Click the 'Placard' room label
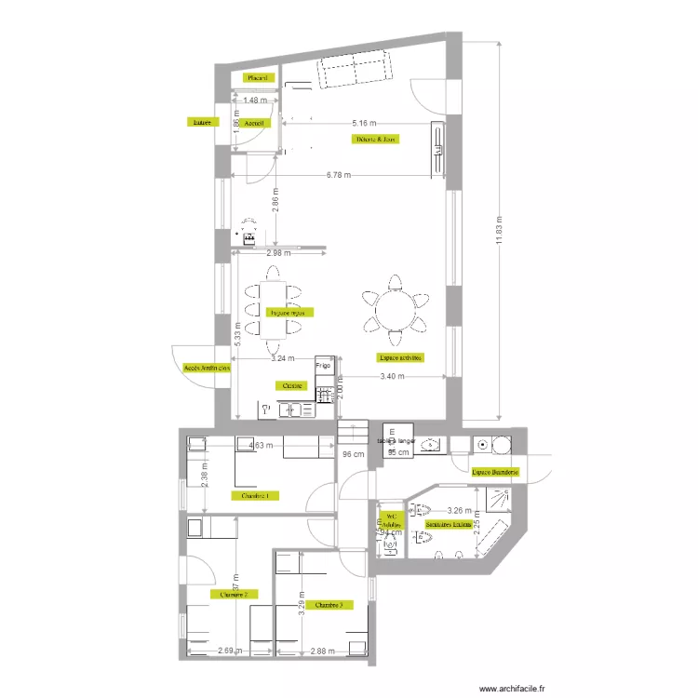[x=257, y=78]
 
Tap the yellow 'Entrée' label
[x=199, y=121]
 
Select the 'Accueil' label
[x=254, y=122]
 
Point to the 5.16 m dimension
[x=365, y=122]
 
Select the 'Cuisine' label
[x=289, y=385]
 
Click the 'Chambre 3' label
[x=329, y=605]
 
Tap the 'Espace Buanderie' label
[x=495, y=473]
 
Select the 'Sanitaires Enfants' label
[x=446, y=525]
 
